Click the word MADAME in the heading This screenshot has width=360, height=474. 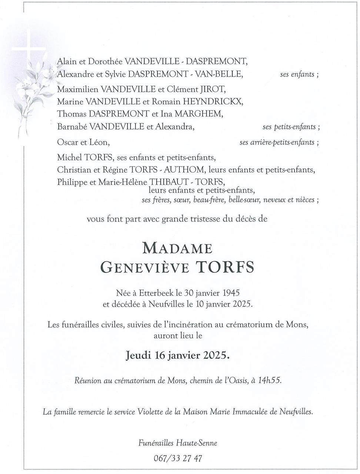(x=177, y=248)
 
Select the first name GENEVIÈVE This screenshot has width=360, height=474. (x=143, y=267)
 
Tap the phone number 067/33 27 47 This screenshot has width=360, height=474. (x=178, y=458)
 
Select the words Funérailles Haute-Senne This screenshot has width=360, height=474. (x=178, y=443)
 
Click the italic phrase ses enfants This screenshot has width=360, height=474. (x=297, y=74)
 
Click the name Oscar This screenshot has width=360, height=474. (x=67, y=142)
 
